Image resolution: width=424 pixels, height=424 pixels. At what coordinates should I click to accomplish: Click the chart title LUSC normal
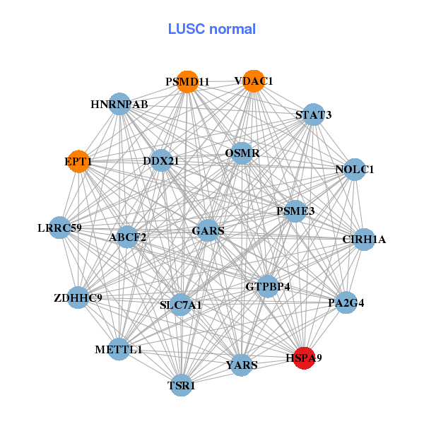(x=211, y=29)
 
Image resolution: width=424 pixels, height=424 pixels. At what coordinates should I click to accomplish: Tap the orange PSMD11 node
(x=188, y=81)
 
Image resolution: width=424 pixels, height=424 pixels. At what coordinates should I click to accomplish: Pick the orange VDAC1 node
(x=253, y=81)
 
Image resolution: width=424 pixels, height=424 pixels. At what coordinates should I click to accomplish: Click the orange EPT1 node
(x=78, y=161)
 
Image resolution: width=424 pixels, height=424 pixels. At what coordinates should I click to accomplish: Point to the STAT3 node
(x=313, y=114)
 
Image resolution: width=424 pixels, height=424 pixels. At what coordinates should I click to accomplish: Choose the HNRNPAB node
(x=119, y=104)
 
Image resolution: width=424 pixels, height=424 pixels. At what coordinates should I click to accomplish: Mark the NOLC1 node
(x=353, y=170)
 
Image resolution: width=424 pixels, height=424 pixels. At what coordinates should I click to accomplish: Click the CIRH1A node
(x=364, y=239)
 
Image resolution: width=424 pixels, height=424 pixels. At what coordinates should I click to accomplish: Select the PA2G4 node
(x=345, y=303)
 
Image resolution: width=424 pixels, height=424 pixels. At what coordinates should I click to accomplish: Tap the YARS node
(x=242, y=365)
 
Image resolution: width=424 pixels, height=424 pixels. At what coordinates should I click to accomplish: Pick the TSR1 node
(x=182, y=385)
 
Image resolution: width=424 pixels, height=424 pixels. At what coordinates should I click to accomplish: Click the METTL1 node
(x=119, y=349)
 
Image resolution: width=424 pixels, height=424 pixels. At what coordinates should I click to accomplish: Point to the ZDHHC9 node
(x=78, y=298)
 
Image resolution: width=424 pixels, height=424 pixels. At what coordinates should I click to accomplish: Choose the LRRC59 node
(x=60, y=228)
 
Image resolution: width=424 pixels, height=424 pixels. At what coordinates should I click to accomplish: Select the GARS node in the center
(x=208, y=230)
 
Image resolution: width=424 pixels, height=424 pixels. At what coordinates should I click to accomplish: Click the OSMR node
(x=242, y=153)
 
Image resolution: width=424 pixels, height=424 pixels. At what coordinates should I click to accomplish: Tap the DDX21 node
(x=161, y=160)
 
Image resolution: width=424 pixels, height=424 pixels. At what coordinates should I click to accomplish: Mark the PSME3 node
(x=295, y=211)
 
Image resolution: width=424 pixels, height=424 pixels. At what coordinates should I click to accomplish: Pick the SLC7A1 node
(x=181, y=305)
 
